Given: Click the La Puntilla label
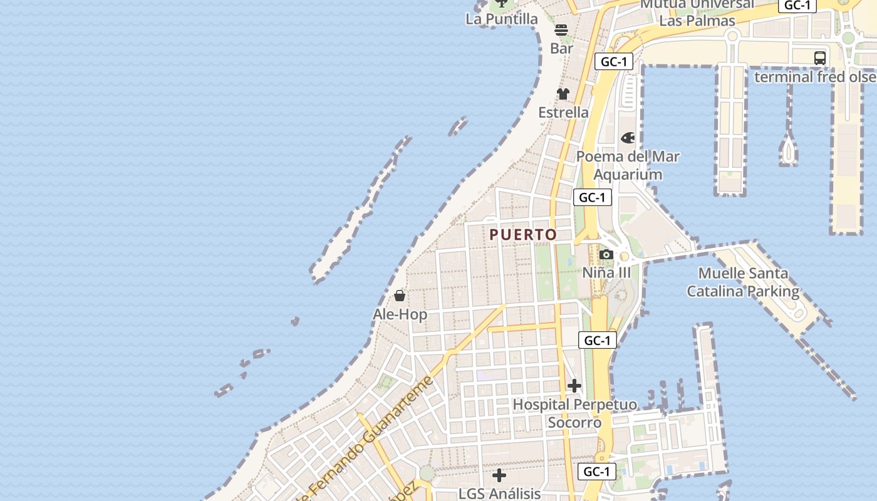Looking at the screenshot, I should click(x=501, y=19).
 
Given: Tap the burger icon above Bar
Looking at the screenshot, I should click(x=561, y=29).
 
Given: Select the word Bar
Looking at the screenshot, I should click(x=561, y=48).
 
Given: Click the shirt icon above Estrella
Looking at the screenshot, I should click(x=563, y=94).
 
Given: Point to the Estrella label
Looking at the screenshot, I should click(x=563, y=113).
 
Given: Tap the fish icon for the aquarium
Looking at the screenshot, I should click(x=628, y=138).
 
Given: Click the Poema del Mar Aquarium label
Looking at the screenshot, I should click(x=628, y=165).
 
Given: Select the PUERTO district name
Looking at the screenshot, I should click(x=523, y=235).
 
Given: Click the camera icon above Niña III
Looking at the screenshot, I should click(x=606, y=254).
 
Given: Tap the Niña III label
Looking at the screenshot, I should click(x=606, y=273).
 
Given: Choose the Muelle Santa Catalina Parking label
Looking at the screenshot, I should click(x=743, y=282).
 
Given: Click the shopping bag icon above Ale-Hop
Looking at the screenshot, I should click(x=400, y=296).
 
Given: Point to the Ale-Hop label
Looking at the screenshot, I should click(x=400, y=314).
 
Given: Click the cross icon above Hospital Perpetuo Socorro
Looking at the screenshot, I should click(x=574, y=386).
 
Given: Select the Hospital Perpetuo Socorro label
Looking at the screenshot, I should click(x=574, y=413).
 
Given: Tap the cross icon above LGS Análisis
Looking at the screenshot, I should click(x=499, y=475).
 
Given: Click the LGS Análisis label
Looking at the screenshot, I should click(x=499, y=493).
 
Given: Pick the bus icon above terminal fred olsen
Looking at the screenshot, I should click(x=820, y=58).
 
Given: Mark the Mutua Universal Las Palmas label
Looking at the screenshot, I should click(x=697, y=13).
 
